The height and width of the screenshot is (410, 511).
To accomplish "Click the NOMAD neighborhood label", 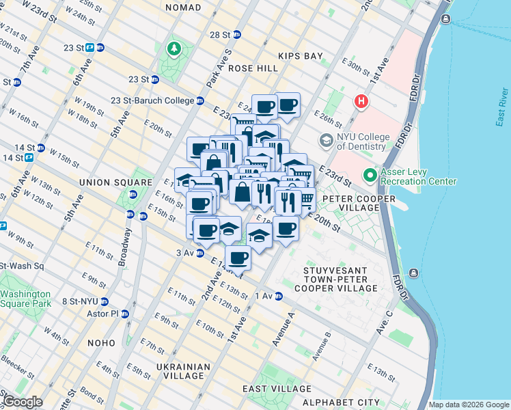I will [x=183, y=8].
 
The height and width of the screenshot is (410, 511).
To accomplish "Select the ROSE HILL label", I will [x=253, y=68].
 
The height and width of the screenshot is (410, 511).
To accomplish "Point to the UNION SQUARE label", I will [x=115, y=182].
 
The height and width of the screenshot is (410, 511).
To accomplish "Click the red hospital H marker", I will [x=361, y=102].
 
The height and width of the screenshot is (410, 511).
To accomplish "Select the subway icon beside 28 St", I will [x=237, y=34].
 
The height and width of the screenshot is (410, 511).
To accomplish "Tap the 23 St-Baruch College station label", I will [x=152, y=100].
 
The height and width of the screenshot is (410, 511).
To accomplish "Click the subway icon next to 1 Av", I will [x=278, y=296].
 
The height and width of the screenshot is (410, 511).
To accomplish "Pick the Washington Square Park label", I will [x=26, y=299].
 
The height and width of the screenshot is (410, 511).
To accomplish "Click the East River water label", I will [x=501, y=106].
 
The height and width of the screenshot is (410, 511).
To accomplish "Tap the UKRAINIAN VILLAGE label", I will [x=180, y=371].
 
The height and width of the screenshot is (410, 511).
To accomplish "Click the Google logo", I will [x=23, y=402].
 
